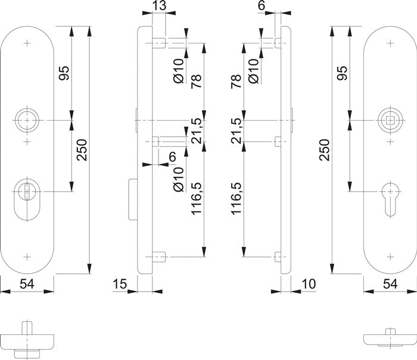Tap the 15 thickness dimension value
(119, 284)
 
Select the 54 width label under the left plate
(26, 284)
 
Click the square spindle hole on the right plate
(390, 121)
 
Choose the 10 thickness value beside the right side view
(308, 284)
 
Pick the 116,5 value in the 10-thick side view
(235, 199)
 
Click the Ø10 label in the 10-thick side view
(253, 70)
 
